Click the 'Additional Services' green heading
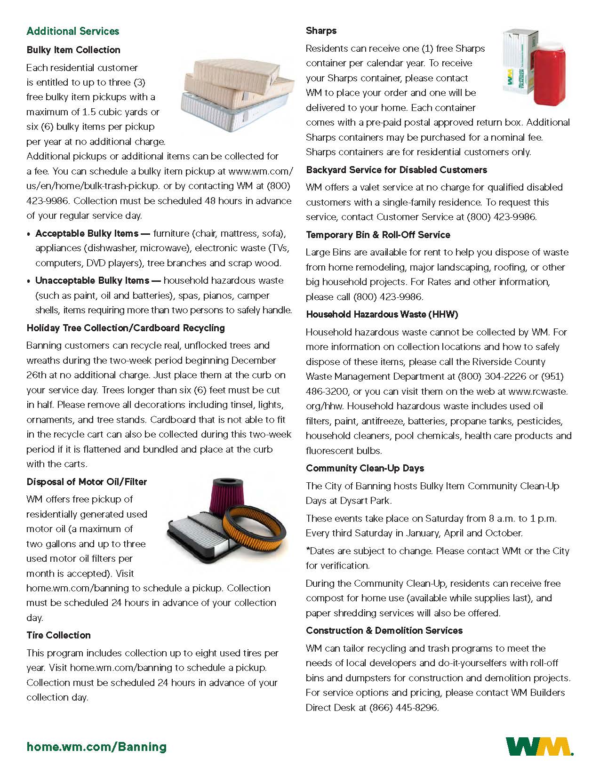click(73, 32)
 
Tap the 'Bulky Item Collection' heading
click(73, 50)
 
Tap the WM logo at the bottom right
click(539, 747)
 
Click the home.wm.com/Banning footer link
click(96, 747)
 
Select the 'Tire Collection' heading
click(58, 635)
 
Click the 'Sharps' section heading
click(321, 31)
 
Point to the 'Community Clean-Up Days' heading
click(365, 468)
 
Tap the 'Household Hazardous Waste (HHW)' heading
click(382, 314)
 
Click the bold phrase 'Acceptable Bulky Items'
click(88, 233)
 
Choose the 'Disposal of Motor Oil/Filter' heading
click(87, 482)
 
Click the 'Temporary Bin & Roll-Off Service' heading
click(378, 235)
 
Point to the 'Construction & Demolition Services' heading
click(384, 630)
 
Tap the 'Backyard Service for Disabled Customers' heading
click(396, 170)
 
